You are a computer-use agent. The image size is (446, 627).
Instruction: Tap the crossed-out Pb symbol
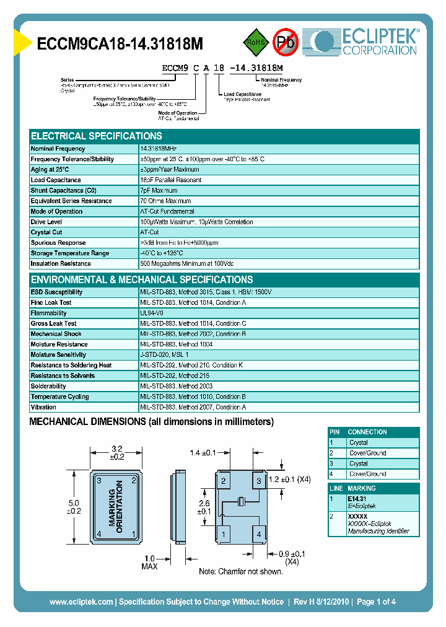[286, 42]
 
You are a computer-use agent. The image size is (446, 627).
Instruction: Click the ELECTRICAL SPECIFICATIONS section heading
[97, 136]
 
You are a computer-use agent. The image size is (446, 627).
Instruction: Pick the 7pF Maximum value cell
[159, 191]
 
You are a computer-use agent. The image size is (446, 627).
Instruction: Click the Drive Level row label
[46, 222]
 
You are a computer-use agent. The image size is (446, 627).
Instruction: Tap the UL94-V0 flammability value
[152, 313]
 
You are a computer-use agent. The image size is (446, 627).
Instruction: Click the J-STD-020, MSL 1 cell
[164, 355]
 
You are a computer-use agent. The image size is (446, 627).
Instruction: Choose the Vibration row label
[43, 407]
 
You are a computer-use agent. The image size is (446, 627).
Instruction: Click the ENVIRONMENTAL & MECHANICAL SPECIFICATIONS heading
[142, 280]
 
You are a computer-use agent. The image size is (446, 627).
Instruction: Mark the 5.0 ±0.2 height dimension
[74, 507]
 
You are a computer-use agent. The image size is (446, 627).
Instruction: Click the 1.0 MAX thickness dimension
[150, 562]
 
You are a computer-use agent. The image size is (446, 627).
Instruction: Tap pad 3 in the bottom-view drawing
[260, 481]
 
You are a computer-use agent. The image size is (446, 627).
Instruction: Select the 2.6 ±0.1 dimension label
[204, 507]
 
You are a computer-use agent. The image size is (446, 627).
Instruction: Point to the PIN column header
[335, 432]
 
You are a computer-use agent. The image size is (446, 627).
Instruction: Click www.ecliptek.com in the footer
[81, 602]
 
